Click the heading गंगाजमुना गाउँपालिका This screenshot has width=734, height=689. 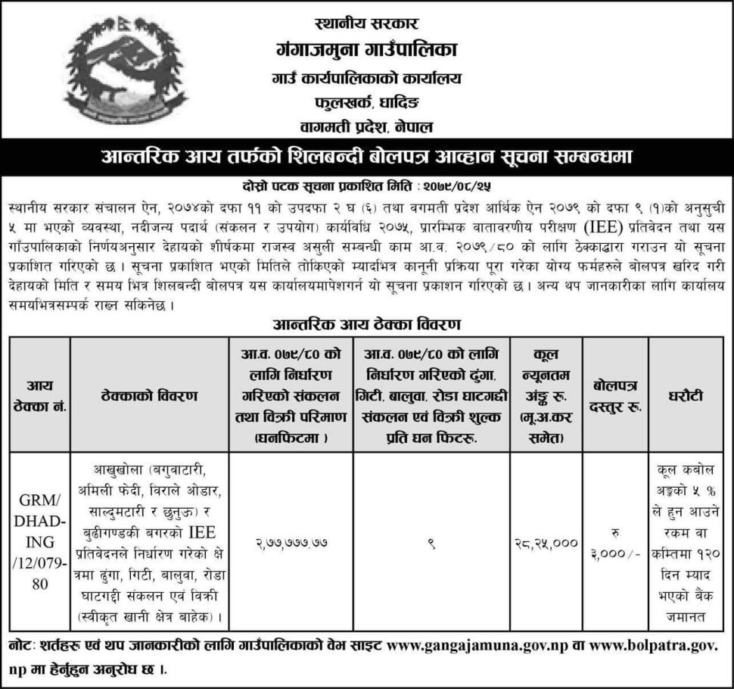pyautogui.click(x=366, y=51)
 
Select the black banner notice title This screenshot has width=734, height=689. pyautogui.click(x=366, y=157)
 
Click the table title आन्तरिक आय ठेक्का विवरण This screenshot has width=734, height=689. pyautogui.click(x=366, y=323)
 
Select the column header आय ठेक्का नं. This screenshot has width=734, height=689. pyautogui.click(x=39, y=394)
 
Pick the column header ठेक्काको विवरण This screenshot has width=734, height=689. pyautogui.click(x=148, y=394)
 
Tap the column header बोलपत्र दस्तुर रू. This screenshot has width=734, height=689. pyautogui.click(x=616, y=394)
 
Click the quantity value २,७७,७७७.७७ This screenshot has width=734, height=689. pyautogui.click(x=288, y=543)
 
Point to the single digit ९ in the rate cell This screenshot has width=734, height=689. pyautogui.click(x=429, y=542)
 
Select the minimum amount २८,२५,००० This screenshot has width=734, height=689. pyautogui.click(x=545, y=543)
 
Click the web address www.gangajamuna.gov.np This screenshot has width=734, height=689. pyautogui.click(x=477, y=648)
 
